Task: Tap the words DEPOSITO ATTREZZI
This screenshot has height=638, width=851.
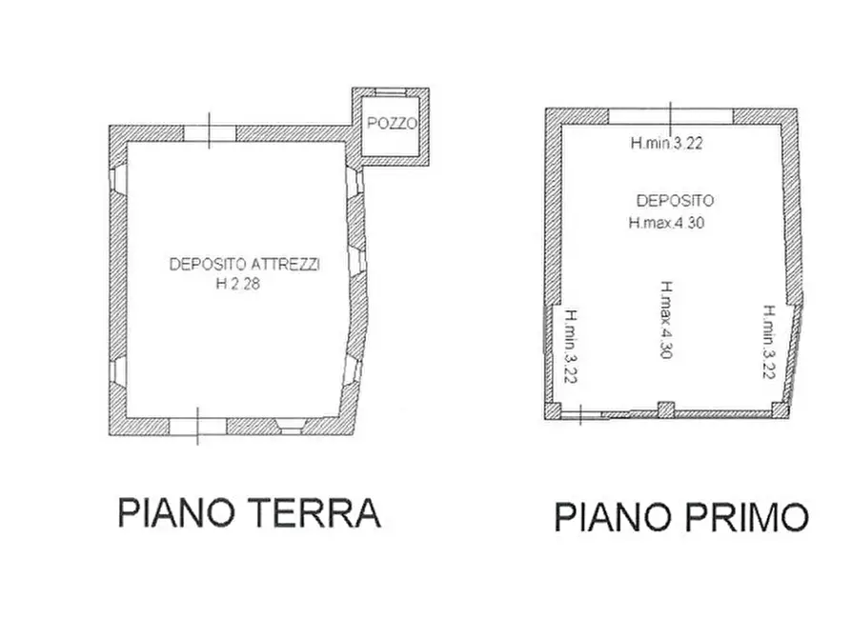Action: (x=244, y=265)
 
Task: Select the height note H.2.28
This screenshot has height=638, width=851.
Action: (x=236, y=283)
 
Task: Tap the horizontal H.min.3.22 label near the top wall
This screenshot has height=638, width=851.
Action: (x=666, y=145)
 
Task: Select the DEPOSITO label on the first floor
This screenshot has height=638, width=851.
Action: (x=675, y=201)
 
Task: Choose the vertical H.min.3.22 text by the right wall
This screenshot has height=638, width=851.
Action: (x=768, y=342)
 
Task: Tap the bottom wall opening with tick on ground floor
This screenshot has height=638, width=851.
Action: (x=197, y=427)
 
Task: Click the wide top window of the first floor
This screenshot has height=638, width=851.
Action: (x=671, y=116)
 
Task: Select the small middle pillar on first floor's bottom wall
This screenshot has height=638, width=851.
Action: (x=666, y=409)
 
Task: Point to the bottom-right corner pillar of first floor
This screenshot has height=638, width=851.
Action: (x=780, y=410)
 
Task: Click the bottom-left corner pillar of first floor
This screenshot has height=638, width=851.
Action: (x=554, y=411)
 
